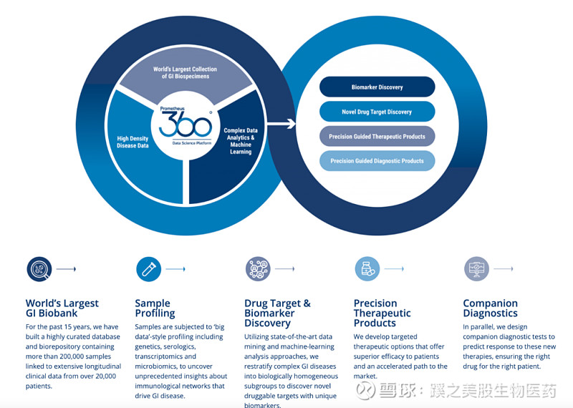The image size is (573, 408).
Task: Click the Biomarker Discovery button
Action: click(377, 87)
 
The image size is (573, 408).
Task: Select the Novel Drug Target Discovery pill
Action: click(377, 112)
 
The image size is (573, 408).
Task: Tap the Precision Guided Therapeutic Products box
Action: click(377, 136)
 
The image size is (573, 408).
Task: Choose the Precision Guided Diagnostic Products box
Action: click(377, 160)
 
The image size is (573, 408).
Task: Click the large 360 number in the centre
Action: click(186, 125)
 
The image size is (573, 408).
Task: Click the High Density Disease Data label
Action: click(133, 141)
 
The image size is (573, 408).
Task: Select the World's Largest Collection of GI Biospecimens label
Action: click(185, 72)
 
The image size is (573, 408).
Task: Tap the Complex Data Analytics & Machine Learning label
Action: click(239, 141)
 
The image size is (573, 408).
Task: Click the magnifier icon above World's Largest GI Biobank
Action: click(39, 269)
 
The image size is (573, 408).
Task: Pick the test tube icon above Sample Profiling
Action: click(148, 269)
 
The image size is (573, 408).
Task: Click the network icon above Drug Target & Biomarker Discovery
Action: click(258, 269)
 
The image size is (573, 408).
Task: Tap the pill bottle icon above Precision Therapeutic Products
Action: click(367, 269)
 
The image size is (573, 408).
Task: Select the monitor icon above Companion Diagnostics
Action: click(476, 269)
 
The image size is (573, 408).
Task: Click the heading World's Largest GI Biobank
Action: click(62, 308)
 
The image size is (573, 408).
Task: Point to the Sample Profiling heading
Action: click(155, 308)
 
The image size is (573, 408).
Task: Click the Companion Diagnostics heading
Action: click(491, 308)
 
